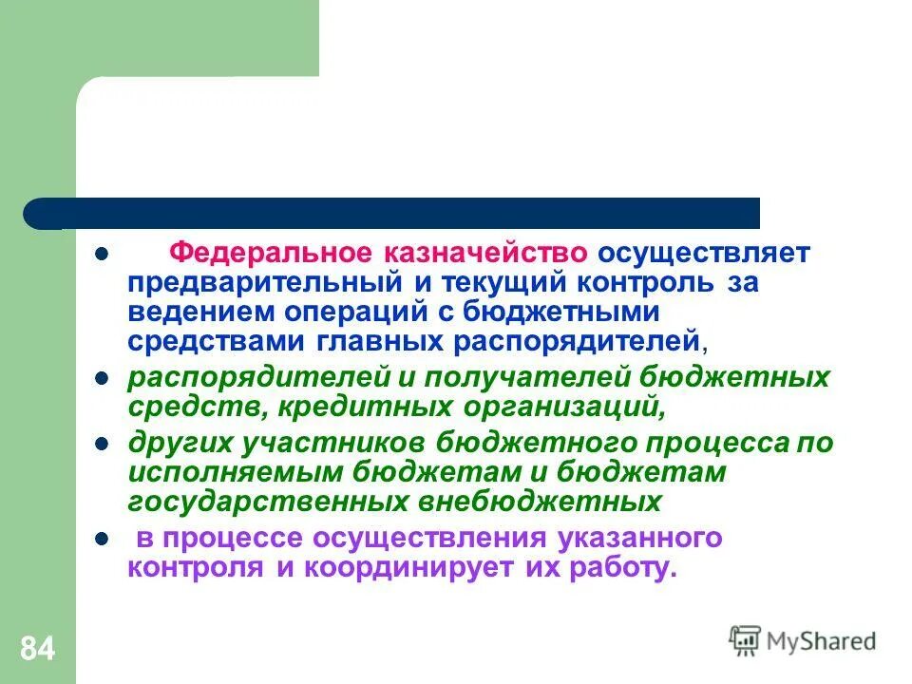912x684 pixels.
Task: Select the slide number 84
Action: [37, 650]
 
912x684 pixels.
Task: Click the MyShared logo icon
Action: [745, 639]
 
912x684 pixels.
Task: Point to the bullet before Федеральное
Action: [101, 256]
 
